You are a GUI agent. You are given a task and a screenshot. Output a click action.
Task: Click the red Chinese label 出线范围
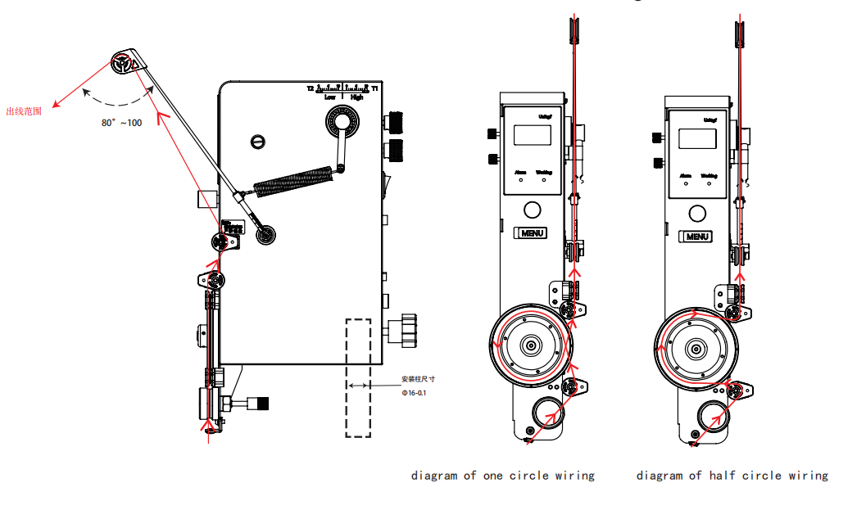click(x=24, y=112)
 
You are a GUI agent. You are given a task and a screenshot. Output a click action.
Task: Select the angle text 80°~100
click(x=121, y=123)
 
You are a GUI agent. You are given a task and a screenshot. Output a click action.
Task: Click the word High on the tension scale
click(x=356, y=97)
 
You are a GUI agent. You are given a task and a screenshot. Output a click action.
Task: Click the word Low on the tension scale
click(x=329, y=97)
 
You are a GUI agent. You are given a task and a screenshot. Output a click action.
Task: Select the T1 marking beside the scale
click(x=374, y=88)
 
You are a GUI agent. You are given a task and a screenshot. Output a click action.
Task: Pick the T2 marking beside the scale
click(x=311, y=88)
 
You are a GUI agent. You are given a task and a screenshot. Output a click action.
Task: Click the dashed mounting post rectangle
click(x=358, y=377)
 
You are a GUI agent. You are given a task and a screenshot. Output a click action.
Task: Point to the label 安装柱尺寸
click(x=418, y=379)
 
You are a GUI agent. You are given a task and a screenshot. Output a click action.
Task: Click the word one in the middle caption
click(x=493, y=475)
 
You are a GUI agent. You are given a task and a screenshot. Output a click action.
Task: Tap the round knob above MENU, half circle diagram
click(x=697, y=213)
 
